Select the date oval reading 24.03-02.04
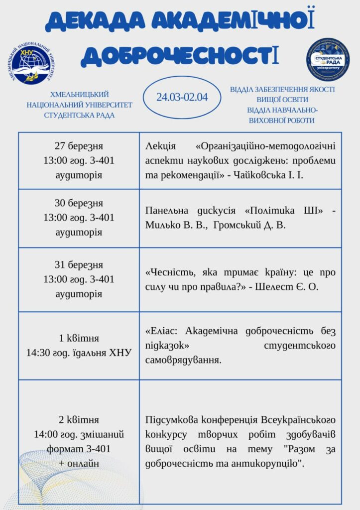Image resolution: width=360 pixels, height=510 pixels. (x=182, y=97)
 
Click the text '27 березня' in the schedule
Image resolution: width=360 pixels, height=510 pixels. (x=79, y=146)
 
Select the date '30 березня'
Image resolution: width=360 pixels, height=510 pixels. (x=79, y=203)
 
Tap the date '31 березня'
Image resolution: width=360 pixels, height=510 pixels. (x=79, y=264)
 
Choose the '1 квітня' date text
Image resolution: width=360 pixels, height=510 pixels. (x=79, y=338)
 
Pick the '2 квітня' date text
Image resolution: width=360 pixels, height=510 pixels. (x=79, y=419)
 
